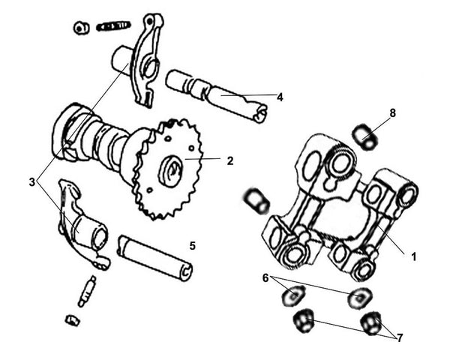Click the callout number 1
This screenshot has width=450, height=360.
coord(412,256)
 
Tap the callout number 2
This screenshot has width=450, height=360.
coord(230,160)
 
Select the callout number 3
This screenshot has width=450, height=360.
coord(31,181)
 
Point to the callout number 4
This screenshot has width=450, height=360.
coord(280,97)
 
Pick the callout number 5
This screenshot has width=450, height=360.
coord(192,245)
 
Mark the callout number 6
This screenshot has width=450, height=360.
coord(265,277)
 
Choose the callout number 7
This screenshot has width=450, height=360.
coord(400,337)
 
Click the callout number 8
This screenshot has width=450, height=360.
coord(392,113)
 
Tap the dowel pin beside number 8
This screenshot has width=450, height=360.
coord(364,137)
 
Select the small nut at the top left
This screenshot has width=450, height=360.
coord(80,28)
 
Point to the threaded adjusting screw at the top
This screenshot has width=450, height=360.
coord(113,26)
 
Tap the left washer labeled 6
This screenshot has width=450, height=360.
coord(291,295)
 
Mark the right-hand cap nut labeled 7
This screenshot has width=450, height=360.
coord(370,324)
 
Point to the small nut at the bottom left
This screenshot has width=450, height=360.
coord(73,320)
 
